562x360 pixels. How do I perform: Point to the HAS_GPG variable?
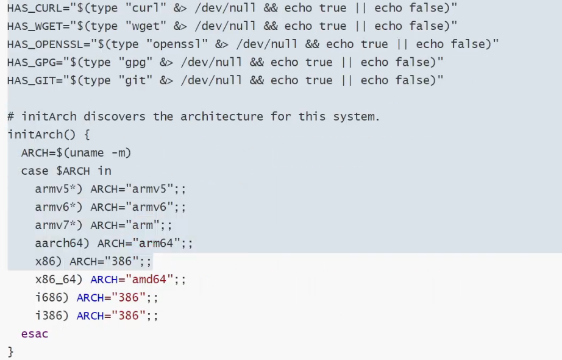point(27,62)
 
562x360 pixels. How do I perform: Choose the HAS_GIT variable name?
point(27,80)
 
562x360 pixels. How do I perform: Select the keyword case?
point(35,171)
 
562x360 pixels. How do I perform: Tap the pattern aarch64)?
point(63,243)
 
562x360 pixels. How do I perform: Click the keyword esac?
point(35,334)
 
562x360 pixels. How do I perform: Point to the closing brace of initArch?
point(10,351)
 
